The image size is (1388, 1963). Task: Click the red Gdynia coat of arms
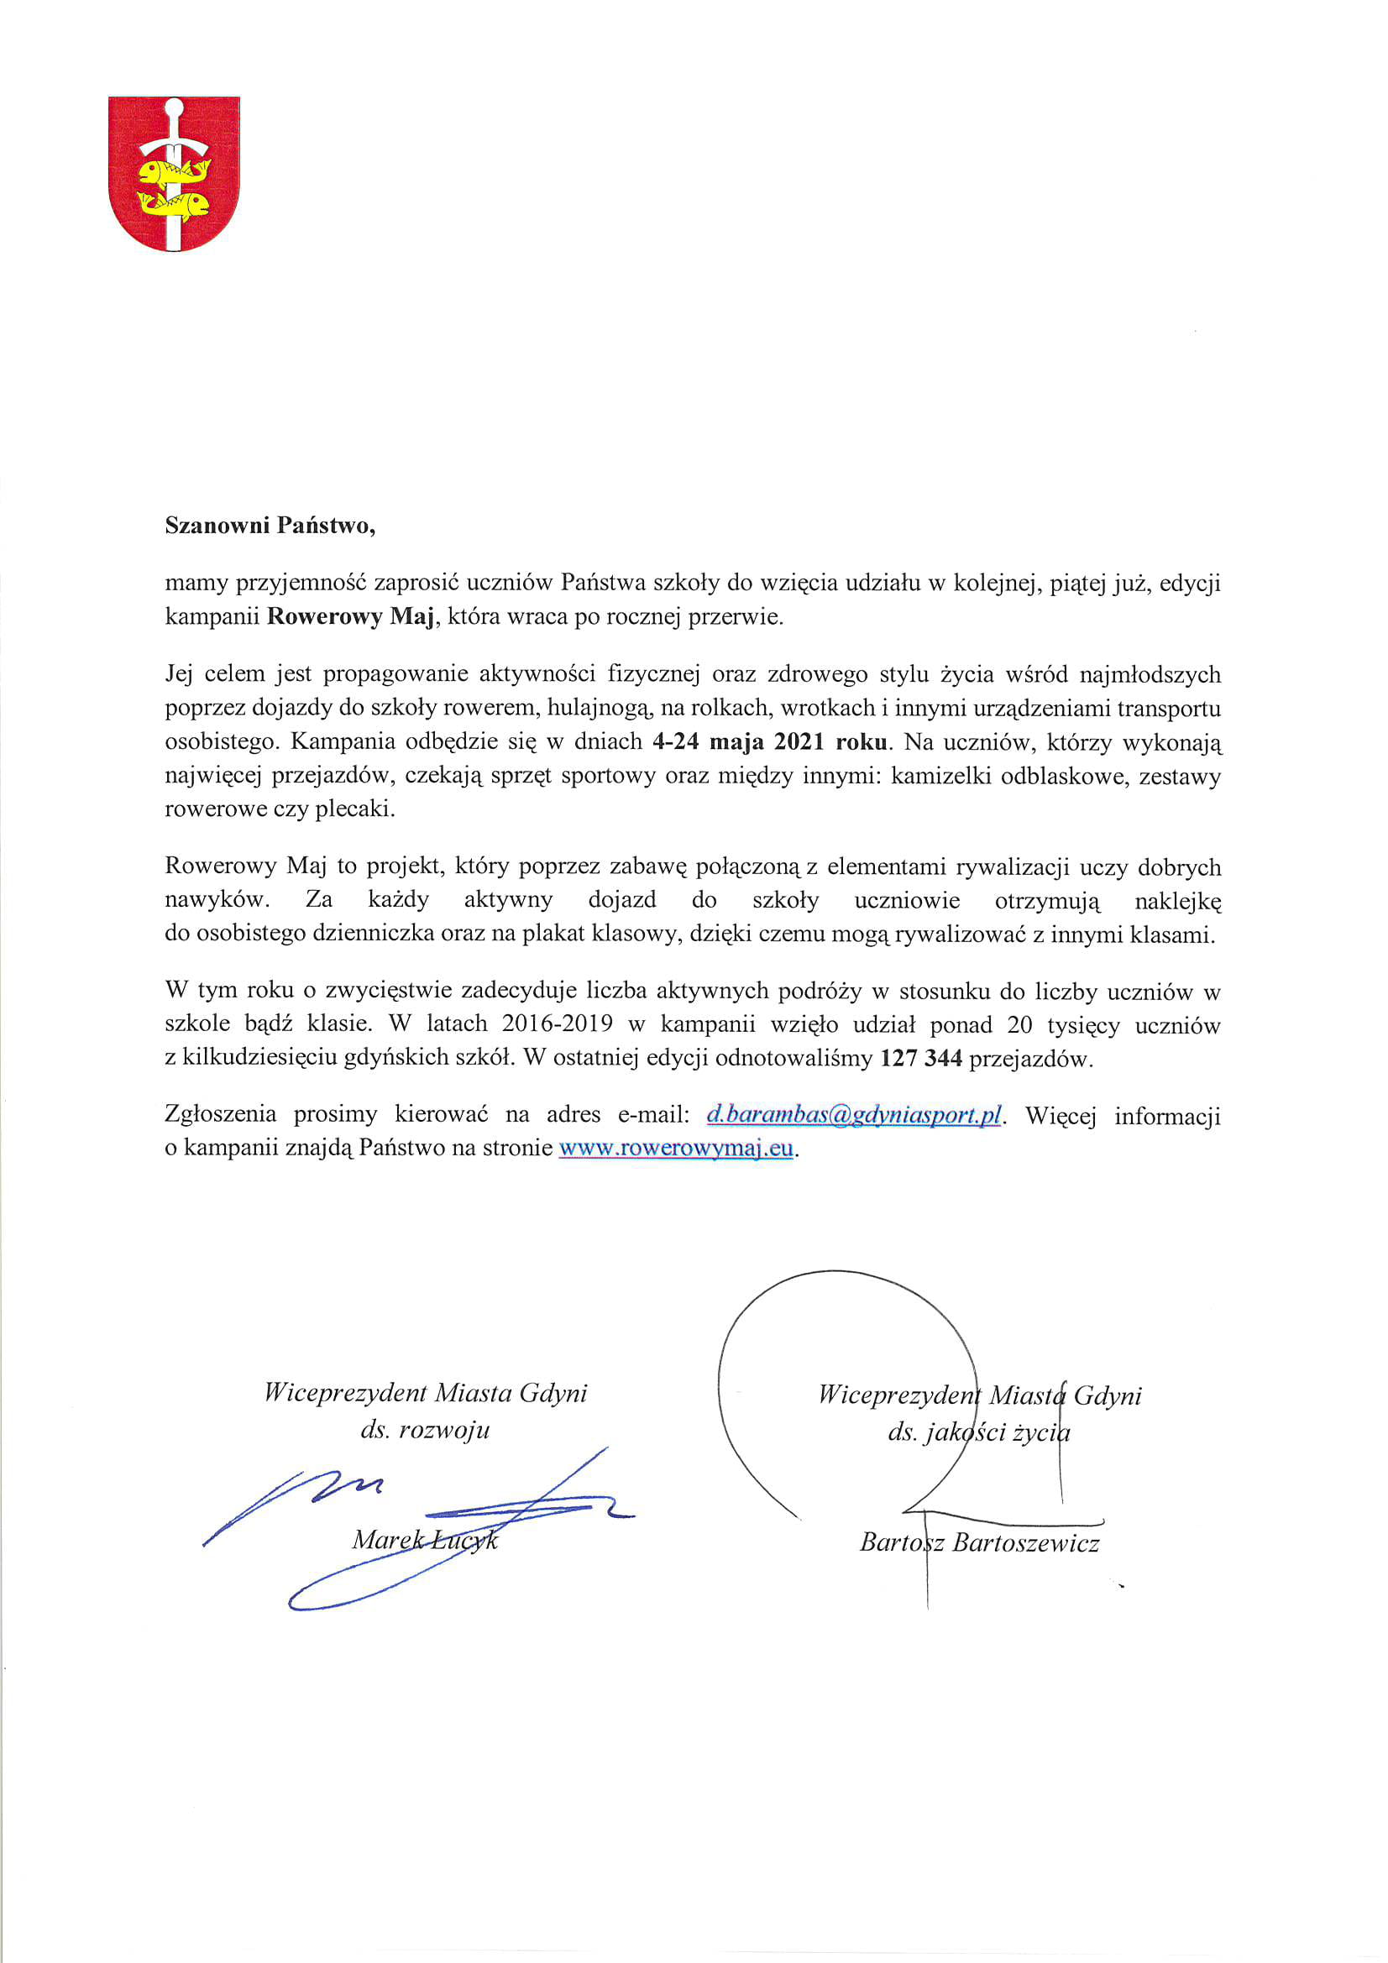click(174, 174)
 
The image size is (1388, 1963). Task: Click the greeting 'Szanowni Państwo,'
click(270, 525)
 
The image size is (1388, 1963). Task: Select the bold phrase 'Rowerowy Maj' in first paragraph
click(350, 616)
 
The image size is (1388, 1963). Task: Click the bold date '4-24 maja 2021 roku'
click(771, 742)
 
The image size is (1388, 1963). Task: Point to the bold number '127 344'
click(921, 1059)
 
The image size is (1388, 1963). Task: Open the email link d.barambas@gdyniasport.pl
click(853, 1116)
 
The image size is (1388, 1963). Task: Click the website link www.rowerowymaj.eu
click(676, 1148)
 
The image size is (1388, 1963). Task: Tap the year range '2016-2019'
click(557, 1024)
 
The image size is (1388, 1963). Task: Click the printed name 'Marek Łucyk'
click(425, 1540)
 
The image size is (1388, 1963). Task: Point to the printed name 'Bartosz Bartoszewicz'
click(979, 1542)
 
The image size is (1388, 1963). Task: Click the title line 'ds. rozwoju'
click(425, 1430)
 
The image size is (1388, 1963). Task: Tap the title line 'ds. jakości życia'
click(978, 1432)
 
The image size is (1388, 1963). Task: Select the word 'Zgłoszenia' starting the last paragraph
click(221, 1114)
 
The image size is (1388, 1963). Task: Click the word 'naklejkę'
click(1177, 901)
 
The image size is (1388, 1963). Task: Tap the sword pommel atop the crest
click(174, 108)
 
